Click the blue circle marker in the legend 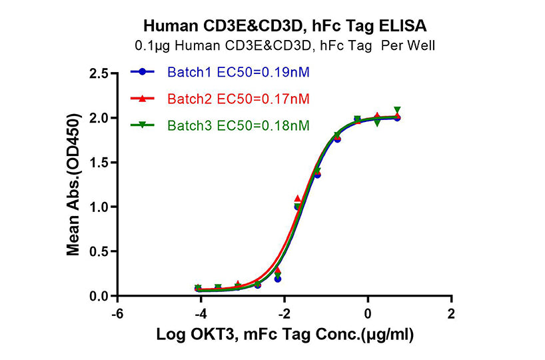point(141,71)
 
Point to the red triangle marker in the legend point(141,98)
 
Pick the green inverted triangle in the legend point(141,125)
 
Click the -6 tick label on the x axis point(117,313)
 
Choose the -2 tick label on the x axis point(284,313)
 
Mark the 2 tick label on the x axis point(451,313)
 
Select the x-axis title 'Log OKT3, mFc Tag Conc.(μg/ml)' point(284,335)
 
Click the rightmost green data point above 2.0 point(397,110)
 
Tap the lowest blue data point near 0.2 point(277,279)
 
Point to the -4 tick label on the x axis point(200,313)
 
